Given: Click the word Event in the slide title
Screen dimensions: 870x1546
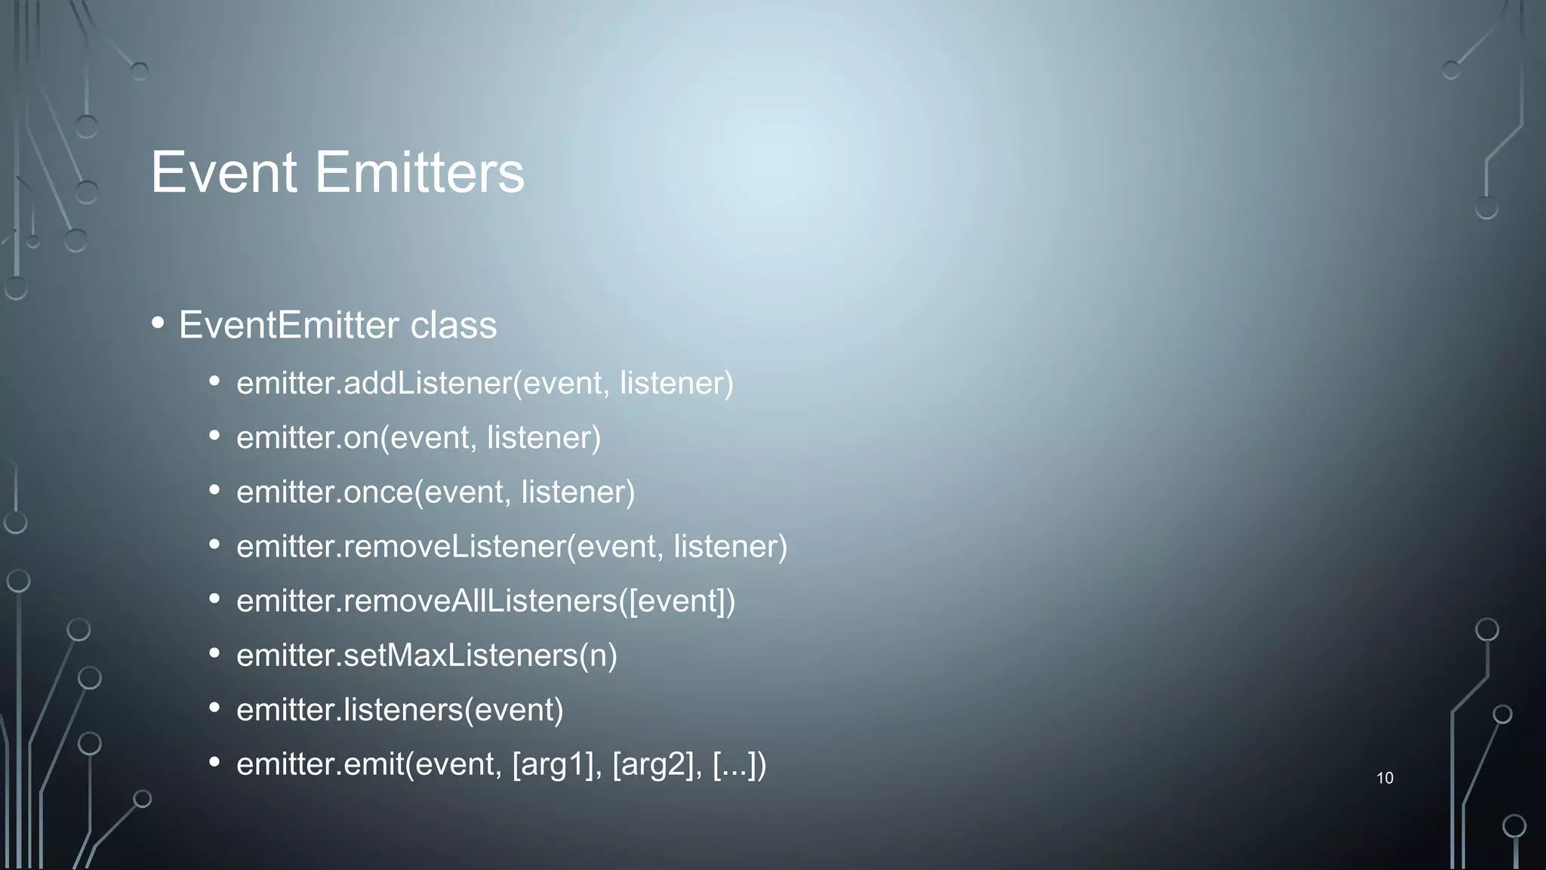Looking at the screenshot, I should tap(223, 172).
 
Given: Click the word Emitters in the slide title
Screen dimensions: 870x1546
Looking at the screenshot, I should tap(419, 172).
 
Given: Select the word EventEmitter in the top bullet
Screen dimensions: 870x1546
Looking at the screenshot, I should tap(288, 325).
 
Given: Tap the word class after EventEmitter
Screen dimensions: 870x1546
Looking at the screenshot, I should tap(453, 325).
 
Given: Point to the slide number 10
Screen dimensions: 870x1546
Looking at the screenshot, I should tap(1384, 778).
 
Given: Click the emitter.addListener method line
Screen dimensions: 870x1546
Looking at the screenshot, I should tap(485, 383).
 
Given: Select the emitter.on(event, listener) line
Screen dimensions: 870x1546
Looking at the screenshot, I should tap(418, 438).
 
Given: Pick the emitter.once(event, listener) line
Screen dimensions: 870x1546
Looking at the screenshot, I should tap(436, 492).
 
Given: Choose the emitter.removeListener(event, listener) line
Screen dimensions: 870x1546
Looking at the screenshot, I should tap(512, 547).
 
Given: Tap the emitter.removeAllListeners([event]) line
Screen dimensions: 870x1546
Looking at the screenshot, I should tap(485, 601).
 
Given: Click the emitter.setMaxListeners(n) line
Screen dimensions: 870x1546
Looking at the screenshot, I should tap(427, 656).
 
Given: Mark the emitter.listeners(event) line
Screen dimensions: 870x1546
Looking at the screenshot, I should tap(399, 710).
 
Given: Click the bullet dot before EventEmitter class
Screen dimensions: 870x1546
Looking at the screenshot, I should tap(158, 323).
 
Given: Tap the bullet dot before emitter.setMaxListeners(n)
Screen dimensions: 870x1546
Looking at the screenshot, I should tap(214, 653).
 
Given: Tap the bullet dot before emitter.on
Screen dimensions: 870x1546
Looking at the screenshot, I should tap(214, 436).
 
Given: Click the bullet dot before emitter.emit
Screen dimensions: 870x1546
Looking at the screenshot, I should tap(214, 762).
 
